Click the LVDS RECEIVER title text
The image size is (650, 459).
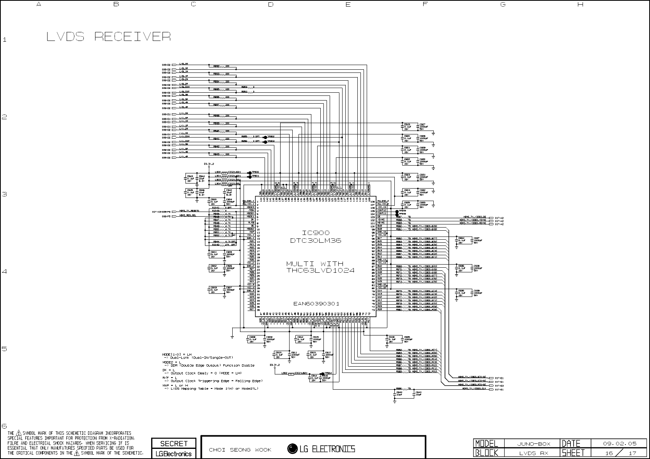108,37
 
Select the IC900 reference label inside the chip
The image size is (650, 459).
316,233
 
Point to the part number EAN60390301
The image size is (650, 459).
316,304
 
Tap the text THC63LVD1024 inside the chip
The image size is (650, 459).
320,270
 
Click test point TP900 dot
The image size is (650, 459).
249,172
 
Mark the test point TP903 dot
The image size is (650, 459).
265,142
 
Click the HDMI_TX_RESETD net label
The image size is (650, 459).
189,211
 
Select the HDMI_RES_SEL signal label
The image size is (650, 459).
188,215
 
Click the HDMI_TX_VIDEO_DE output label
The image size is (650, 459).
475,217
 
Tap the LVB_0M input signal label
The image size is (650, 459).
184,64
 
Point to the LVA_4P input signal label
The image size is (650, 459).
184,157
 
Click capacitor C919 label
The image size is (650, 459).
407,124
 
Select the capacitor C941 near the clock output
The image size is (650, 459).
419,392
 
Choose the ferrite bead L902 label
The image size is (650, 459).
284,373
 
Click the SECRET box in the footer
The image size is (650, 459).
174,443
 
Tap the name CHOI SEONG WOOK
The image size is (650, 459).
240,450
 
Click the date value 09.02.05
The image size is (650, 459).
620,443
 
